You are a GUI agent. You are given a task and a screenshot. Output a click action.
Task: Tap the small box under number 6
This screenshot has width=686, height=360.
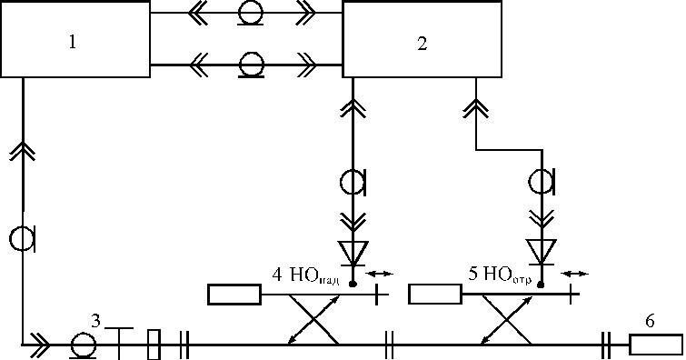pyautogui.click(x=656, y=345)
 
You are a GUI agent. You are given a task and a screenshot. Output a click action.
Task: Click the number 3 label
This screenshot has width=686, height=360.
pyautogui.click(x=95, y=321)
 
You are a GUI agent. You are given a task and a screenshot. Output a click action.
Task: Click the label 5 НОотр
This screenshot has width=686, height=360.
pyautogui.click(x=500, y=275)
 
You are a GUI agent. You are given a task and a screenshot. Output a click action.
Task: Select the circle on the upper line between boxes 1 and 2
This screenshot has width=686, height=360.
pyautogui.click(x=251, y=13)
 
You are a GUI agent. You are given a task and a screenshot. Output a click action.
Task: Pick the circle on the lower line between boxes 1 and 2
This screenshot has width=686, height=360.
pyautogui.click(x=252, y=65)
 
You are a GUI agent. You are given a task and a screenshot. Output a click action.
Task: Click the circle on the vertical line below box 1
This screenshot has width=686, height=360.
pyautogui.click(x=22, y=240)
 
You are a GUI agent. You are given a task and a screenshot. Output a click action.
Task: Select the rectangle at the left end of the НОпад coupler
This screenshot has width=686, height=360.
pyautogui.click(x=234, y=295)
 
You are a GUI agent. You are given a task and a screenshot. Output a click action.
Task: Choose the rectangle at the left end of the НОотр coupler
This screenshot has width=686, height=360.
pyautogui.click(x=435, y=294)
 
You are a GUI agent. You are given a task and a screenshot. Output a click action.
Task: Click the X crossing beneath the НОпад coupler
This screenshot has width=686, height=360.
pyautogui.click(x=314, y=320)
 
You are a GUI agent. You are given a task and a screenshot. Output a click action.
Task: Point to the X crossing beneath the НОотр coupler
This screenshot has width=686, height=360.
pyautogui.click(x=507, y=320)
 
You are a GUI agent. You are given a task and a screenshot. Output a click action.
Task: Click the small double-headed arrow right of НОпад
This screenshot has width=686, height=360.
pyautogui.click(x=379, y=275)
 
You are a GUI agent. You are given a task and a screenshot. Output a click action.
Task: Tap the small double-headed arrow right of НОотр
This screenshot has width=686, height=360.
pyautogui.click(x=575, y=275)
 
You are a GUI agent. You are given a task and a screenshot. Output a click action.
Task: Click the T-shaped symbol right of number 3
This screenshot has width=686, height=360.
pyautogui.click(x=119, y=344)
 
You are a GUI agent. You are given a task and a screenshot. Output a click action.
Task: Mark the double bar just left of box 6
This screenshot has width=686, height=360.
pyautogui.click(x=606, y=345)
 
